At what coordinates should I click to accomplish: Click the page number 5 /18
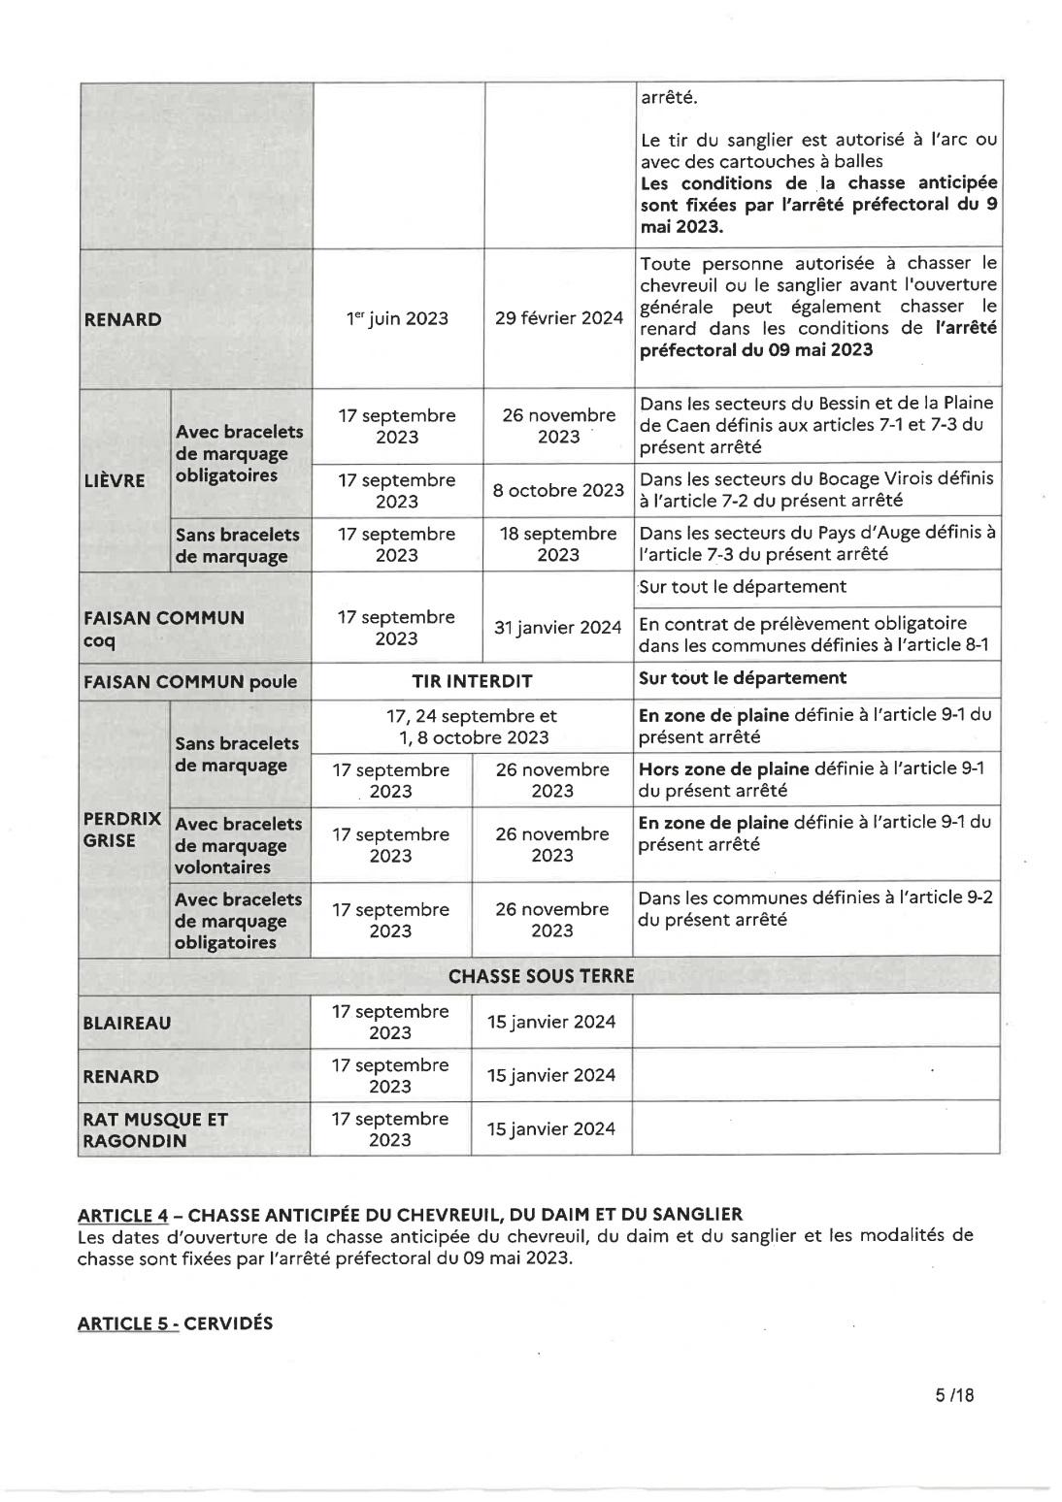(953, 1395)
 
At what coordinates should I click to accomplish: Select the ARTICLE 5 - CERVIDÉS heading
(175, 1323)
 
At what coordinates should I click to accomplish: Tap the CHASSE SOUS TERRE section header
(541, 975)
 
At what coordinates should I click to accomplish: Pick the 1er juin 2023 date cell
(397, 319)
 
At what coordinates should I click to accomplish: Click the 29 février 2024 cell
(558, 318)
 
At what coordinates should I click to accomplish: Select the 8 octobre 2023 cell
(558, 490)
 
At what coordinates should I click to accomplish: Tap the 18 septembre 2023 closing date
(558, 544)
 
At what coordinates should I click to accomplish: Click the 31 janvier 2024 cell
(557, 628)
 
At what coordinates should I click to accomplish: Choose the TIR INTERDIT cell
(472, 681)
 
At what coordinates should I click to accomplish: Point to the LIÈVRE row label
(115, 480)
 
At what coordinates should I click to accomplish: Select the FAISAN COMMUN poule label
(189, 681)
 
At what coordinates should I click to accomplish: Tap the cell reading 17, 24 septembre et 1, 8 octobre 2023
(472, 726)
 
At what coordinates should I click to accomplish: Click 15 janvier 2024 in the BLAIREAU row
(551, 1022)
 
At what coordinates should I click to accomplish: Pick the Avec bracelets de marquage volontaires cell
(239, 845)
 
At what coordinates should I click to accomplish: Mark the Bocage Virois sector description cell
(816, 490)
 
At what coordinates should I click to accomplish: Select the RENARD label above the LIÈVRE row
(122, 319)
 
